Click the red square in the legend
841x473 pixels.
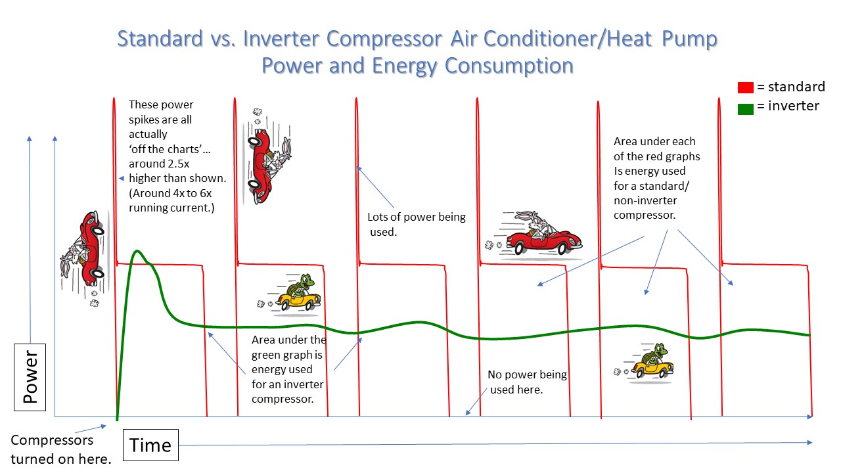pos(745,87)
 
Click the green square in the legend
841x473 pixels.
pos(745,109)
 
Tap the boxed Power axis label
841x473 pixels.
pos(30,377)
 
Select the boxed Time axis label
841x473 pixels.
pos(150,445)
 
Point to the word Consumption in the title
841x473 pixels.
pos(509,66)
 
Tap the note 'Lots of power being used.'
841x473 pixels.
pos(416,225)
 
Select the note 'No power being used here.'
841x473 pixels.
pos(527,382)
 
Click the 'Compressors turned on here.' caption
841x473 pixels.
pos(61,449)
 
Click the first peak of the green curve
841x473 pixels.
pos(137,251)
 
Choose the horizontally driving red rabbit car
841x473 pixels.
pos(534,233)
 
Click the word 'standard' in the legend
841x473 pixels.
pos(796,87)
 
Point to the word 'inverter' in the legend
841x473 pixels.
pos(793,106)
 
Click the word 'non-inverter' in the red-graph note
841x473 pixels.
pos(645,200)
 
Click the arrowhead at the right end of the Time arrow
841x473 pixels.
pos(809,443)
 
